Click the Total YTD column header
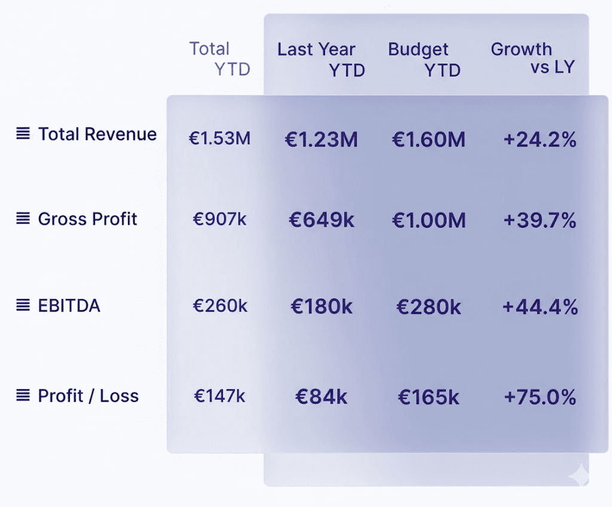(x=219, y=59)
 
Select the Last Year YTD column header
(x=320, y=59)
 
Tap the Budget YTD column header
(x=424, y=59)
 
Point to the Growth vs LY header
(x=532, y=58)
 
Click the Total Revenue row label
(x=97, y=134)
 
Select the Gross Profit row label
(x=88, y=219)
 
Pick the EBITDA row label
(x=69, y=306)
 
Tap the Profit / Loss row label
(x=88, y=396)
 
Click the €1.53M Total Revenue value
(x=219, y=139)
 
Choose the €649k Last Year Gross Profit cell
(x=322, y=220)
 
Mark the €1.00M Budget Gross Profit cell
(x=429, y=220)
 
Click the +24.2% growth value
(x=540, y=140)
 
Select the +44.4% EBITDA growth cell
(x=540, y=307)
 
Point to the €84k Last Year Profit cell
(x=322, y=397)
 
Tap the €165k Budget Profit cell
(x=429, y=397)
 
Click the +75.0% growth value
(x=540, y=397)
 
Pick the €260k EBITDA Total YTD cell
(x=219, y=306)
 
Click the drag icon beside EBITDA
(x=23, y=306)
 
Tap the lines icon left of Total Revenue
(x=23, y=133)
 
